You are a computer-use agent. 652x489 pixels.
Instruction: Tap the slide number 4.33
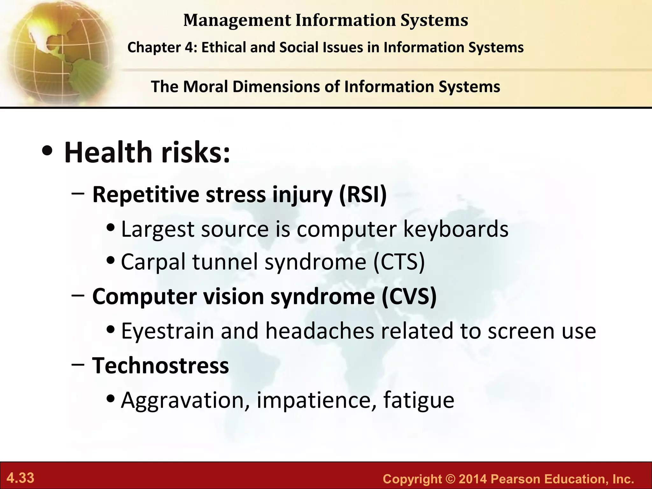(x=20, y=478)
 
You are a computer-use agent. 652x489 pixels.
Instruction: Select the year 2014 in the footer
(x=472, y=479)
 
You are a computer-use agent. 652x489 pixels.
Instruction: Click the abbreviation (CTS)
(x=399, y=262)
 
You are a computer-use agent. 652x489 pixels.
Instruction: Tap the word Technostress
(x=160, y=365)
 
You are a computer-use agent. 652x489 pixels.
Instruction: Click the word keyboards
(x=456, y=229)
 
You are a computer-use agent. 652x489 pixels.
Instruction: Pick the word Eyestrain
(x=167, y=331)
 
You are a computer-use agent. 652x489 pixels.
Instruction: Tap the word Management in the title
(x=237, y=20)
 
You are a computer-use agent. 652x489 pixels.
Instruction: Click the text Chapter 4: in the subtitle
(x=162, y=47)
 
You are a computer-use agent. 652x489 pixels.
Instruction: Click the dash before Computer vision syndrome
(x=78, y=295)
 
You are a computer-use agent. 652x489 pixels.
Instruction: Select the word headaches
(x=320, y=331)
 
